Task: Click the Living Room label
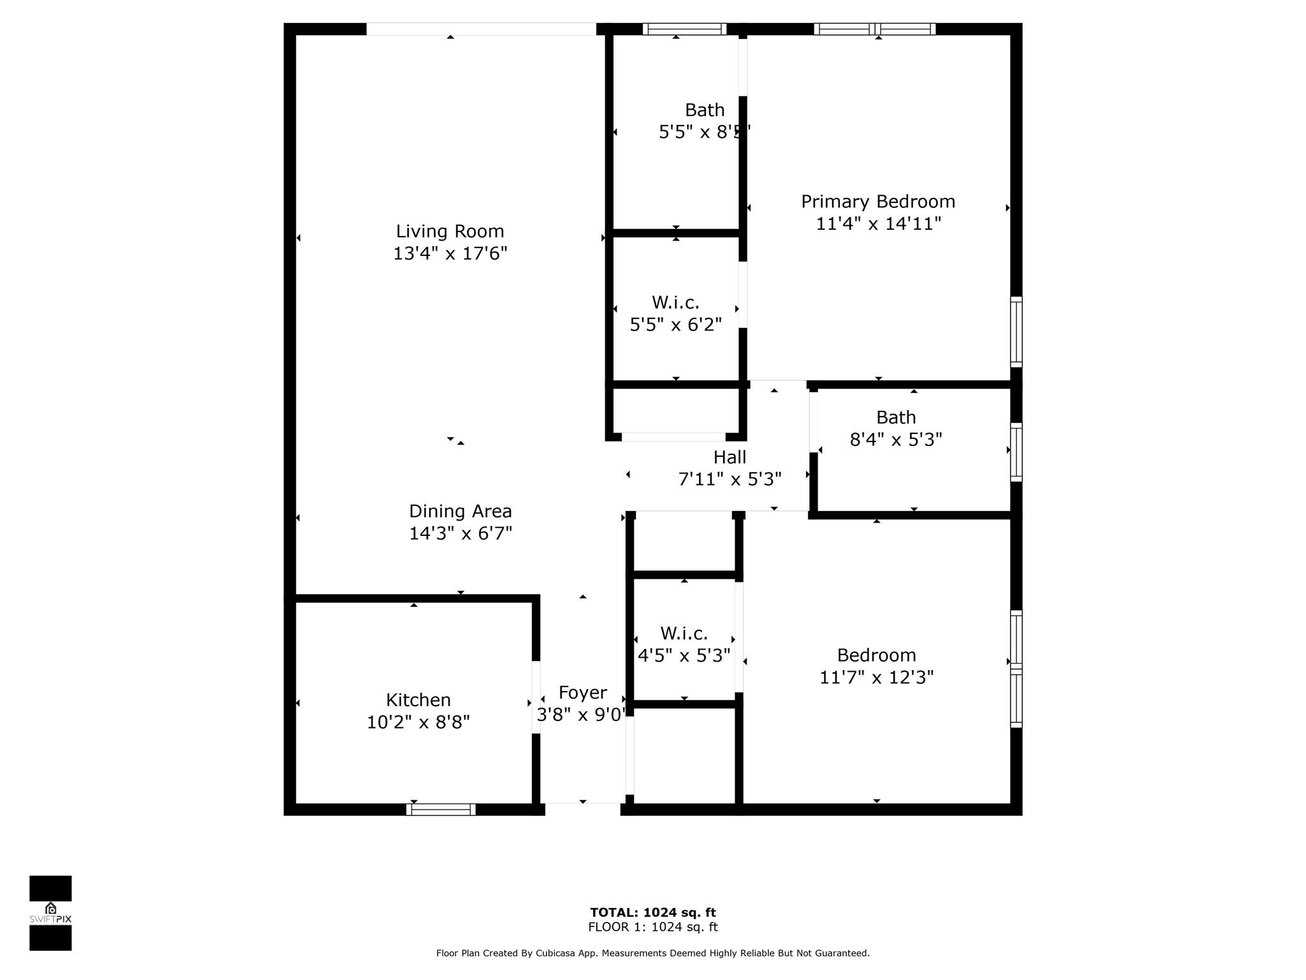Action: click(450, 231)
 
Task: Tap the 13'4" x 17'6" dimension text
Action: click(450, 253)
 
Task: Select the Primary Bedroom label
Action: click(878, 202)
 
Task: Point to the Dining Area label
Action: click(460, 511)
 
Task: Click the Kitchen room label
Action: click(418, 700)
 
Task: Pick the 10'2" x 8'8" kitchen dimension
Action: click(418, 722)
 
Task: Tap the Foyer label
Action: click(583, 693)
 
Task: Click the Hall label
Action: click(730, 457)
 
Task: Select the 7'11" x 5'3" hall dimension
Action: click(730, 479)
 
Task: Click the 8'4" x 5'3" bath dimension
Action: click(896, 440)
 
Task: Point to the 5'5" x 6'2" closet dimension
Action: click(676, 325)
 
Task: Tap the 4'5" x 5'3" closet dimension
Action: click(684, 656)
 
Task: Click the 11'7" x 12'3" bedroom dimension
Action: click(876, 677)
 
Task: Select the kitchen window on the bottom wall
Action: click(441, 809)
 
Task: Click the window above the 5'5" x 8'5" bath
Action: click(684, 29)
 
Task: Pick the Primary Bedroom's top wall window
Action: click(875, 29)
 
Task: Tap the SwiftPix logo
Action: click(50, 913)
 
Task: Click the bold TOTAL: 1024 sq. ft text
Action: click(653, 912)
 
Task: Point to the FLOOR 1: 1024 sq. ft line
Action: click(653, 927)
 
